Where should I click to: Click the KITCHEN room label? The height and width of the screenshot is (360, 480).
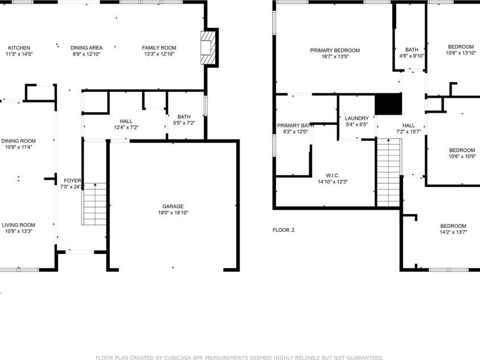(19, 48)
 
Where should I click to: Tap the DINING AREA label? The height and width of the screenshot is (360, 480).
(87, 48)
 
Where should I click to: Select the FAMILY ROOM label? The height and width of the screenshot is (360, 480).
(159, 48)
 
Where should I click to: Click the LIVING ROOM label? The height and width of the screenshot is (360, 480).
(18, 225)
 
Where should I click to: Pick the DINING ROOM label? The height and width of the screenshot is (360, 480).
(18, 141)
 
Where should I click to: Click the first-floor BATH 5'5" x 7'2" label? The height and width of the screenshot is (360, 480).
(184, 117)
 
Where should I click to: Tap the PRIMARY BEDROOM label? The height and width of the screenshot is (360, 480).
(335, 50)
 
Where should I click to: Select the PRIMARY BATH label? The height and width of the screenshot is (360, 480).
(296, 125)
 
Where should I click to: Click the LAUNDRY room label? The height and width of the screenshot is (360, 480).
(357, 118)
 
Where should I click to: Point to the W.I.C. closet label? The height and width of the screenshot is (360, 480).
(333, 175)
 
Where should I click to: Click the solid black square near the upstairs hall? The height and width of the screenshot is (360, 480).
(388, 104)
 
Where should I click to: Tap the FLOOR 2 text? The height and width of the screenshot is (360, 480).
(284, 230)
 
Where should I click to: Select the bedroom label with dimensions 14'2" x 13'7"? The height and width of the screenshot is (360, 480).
(453, 226)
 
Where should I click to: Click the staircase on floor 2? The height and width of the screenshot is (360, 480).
(388, 173)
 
